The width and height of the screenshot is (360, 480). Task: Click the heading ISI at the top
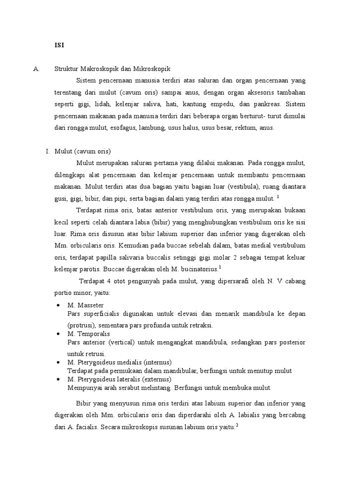(60, 45)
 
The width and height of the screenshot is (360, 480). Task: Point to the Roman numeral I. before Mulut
(47, 151)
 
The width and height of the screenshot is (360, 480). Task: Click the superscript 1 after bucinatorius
(220, 267)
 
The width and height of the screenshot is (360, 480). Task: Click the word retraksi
(200, 325)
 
